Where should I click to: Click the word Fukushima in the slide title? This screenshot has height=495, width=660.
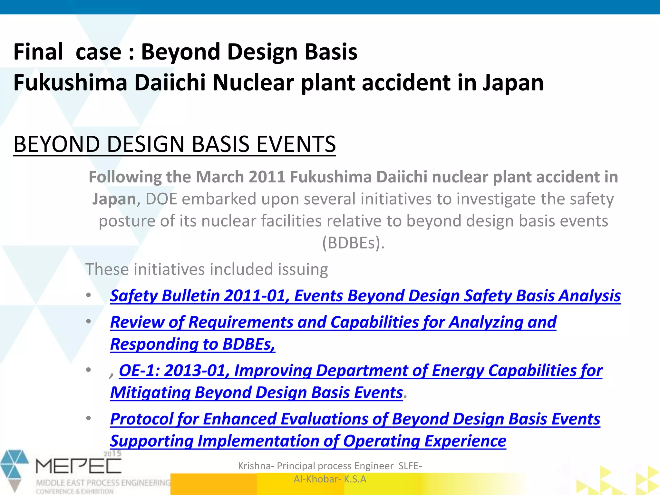tap(70, 82)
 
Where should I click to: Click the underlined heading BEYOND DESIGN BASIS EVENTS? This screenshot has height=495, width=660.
tap(174, 144)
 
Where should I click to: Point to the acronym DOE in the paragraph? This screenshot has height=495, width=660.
tap(161, 199)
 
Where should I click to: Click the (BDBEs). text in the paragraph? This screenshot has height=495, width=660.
tap(353, 243)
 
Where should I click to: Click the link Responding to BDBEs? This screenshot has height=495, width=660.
tap(193, 344)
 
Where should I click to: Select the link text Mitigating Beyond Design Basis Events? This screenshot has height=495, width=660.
tap(257, 393)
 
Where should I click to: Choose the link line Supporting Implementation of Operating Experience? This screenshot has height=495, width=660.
tap(308, 441)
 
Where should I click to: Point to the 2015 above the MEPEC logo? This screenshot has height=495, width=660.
tap(112, 454)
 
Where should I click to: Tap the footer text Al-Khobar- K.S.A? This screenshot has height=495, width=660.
tap(330, 479)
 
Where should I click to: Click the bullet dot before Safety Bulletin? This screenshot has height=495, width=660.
tap(89, 295)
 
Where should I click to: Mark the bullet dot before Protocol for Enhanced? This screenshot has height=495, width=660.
tap(89, 419)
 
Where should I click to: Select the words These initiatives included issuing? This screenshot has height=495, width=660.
tap(207, 269)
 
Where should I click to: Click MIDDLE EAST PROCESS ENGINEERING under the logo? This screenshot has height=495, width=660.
tap(103, 483)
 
